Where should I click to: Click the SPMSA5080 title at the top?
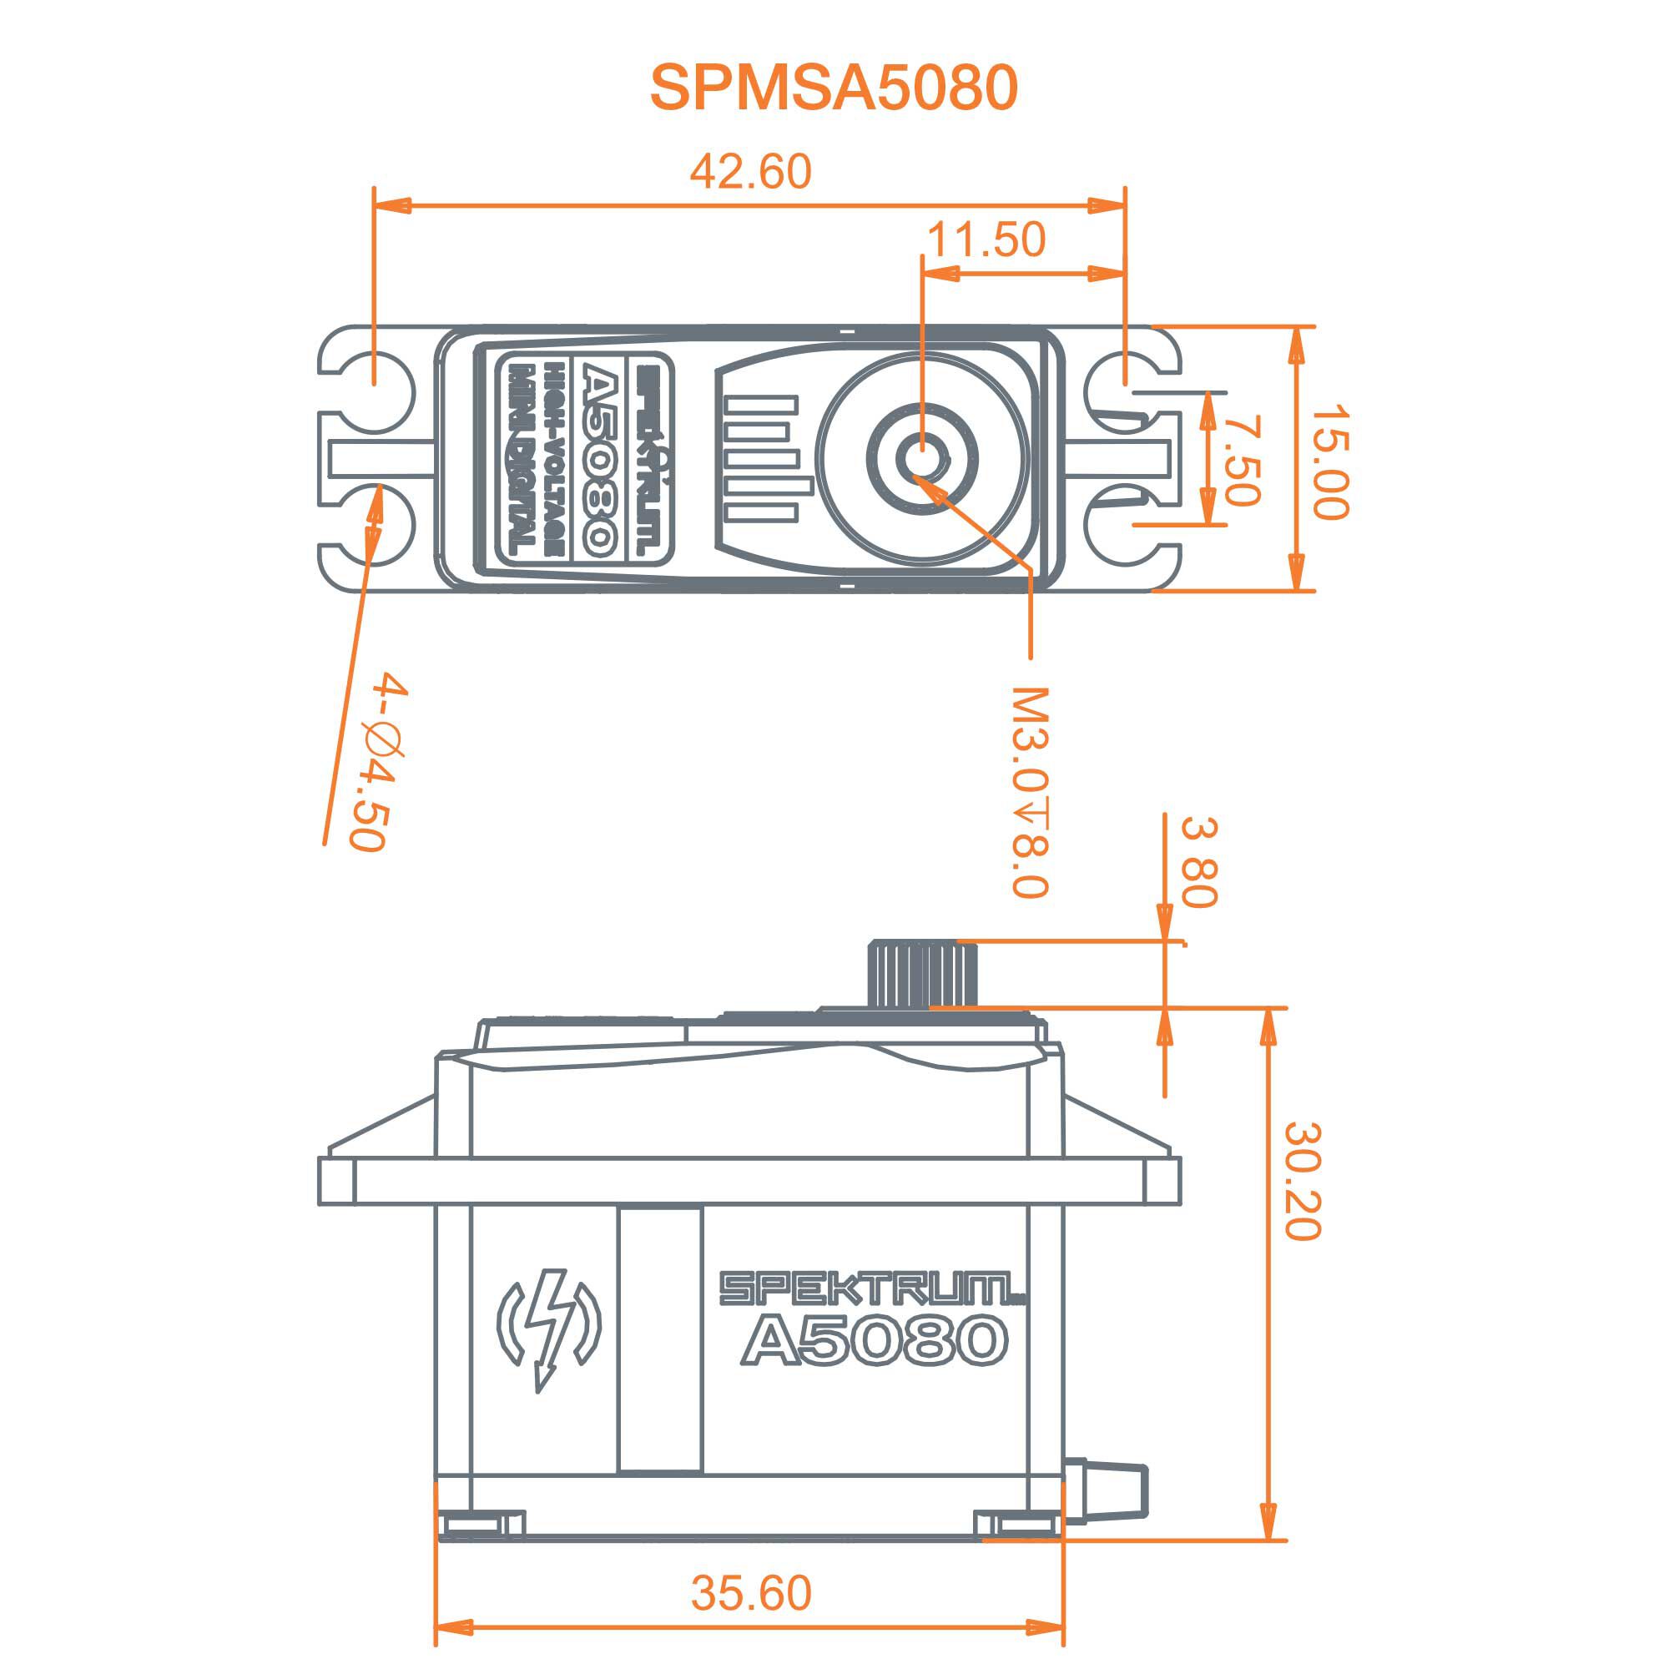(834, 88)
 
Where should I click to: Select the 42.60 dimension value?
(750, 171)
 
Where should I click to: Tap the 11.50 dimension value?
(986, 240)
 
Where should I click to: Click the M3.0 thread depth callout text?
(1030, 792)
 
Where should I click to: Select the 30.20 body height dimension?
(1303, 1181)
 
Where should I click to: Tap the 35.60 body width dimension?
(751, 1593)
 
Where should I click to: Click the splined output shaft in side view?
(922, 974)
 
